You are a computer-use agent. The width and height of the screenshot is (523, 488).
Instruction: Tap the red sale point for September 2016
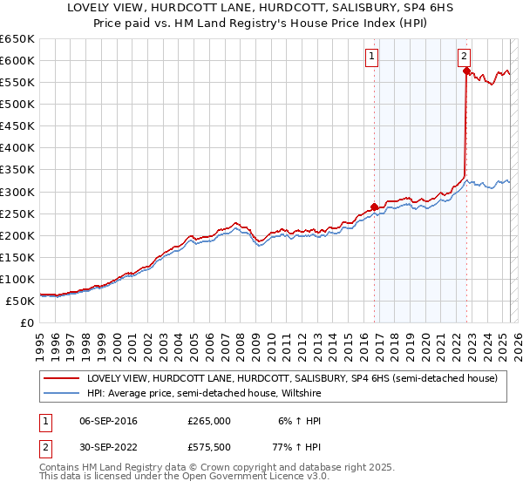[374, 207]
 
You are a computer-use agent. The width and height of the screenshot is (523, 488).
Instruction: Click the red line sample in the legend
[61, 379]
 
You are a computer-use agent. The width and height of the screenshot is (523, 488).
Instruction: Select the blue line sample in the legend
[61, 393]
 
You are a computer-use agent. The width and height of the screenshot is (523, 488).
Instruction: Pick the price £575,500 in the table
[209, 450]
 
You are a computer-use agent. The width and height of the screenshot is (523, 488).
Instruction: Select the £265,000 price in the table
[209, 421]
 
